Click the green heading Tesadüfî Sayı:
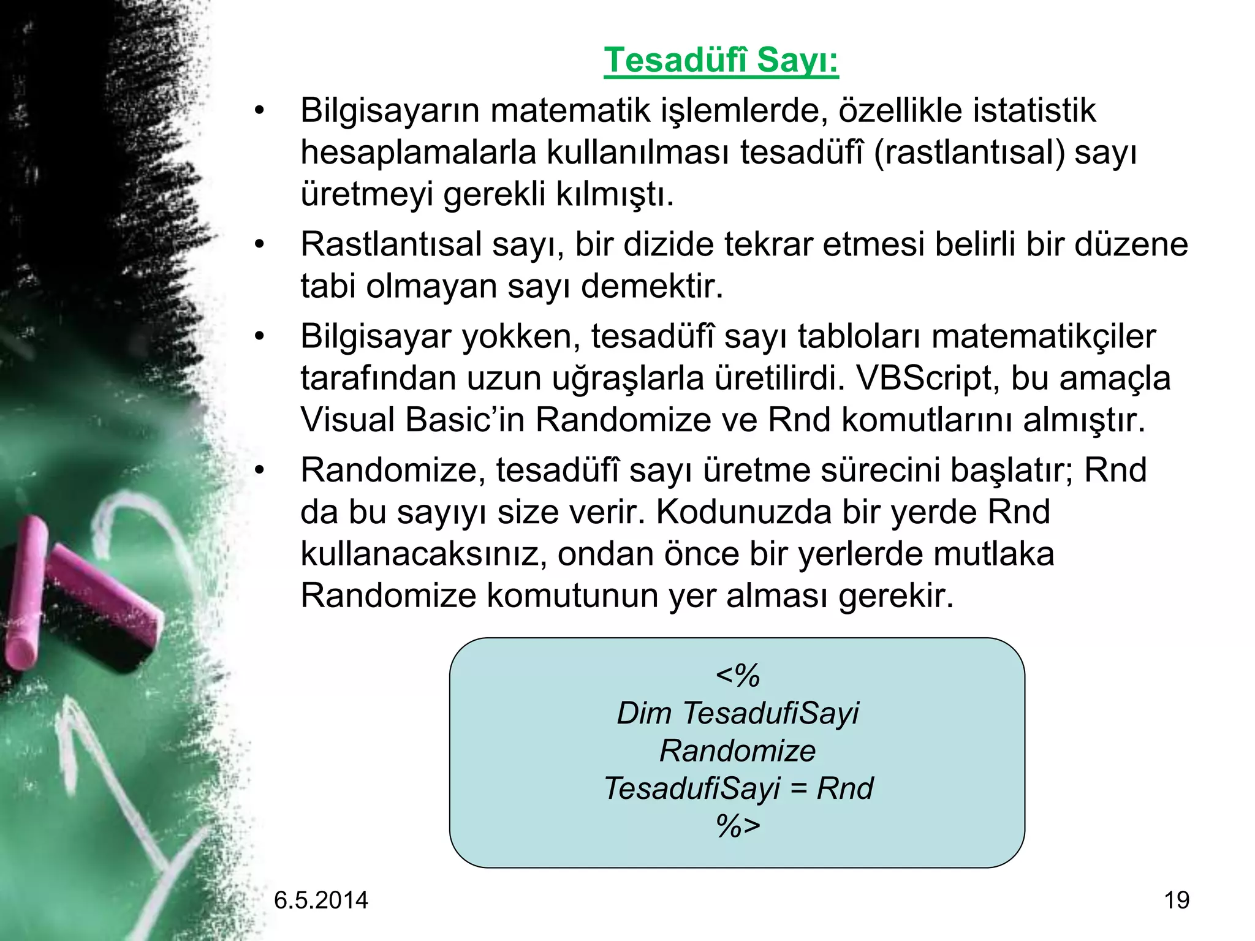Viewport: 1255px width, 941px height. (721, 61)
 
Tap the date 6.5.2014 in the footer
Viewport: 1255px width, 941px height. (320, 900)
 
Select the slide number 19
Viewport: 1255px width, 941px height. (1176, 900)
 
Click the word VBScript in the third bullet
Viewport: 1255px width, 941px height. (927, 378)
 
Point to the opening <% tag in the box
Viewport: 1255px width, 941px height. (737, 676)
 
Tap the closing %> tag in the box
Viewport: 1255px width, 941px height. (737, 826)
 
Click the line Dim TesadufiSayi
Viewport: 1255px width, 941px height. (737, 713)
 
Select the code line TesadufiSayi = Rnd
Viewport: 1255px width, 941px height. (737, 788)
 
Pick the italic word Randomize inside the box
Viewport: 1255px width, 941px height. (737, 751)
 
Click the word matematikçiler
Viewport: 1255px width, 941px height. (1043, 336)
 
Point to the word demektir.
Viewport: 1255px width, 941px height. (652, 286)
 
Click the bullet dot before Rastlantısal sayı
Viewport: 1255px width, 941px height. (259, 244)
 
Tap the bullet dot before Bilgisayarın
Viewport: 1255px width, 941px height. (259, 111)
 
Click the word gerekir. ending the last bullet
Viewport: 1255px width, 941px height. (896, 595)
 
